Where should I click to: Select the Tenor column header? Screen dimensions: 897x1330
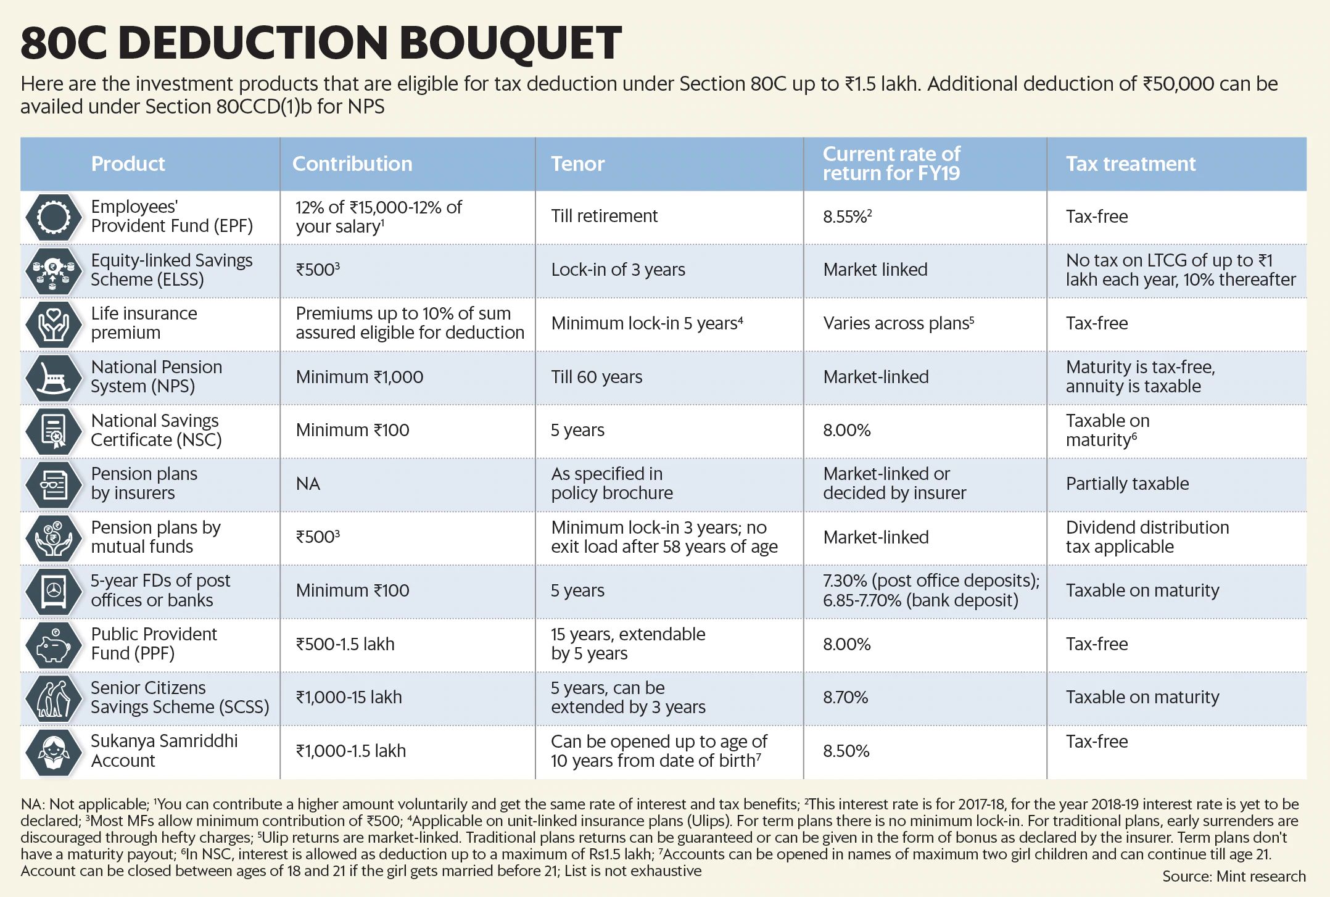(x=577, y=163)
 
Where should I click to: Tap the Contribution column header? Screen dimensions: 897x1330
(x=352, y=163)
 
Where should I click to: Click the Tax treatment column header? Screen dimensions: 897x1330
(x=1130, y=163)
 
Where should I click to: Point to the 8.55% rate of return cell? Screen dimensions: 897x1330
(x=846, y=217)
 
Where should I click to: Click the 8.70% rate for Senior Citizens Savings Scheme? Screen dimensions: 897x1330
(x=845, y=697)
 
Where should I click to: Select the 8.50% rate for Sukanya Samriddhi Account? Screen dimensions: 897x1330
(x=846, y=751)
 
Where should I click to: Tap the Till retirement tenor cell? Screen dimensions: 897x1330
(x=604, y=216)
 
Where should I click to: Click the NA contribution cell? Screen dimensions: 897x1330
(x=308, y=484)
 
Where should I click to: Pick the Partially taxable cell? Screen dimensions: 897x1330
(x=1127, y=484)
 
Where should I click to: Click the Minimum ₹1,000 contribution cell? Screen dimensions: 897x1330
(x=359, y=377)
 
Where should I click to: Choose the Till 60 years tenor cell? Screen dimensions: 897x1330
(x=597, y=377)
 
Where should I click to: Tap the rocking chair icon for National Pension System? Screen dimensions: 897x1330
(x=54, y=377)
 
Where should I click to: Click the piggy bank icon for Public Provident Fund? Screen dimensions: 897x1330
(x=54, y=644)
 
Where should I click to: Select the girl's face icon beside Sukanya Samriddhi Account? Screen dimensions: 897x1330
(x=54, y=751)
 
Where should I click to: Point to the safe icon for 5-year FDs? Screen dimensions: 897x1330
(x=54, y=590)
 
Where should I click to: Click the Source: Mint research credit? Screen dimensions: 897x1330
(x=1234, y=876)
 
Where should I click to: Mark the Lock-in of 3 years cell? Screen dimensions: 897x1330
(x=618, y=270)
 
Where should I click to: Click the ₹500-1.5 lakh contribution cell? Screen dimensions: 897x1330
(x=345, y=644)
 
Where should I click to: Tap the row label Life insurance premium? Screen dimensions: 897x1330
(x=144, y=323)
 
